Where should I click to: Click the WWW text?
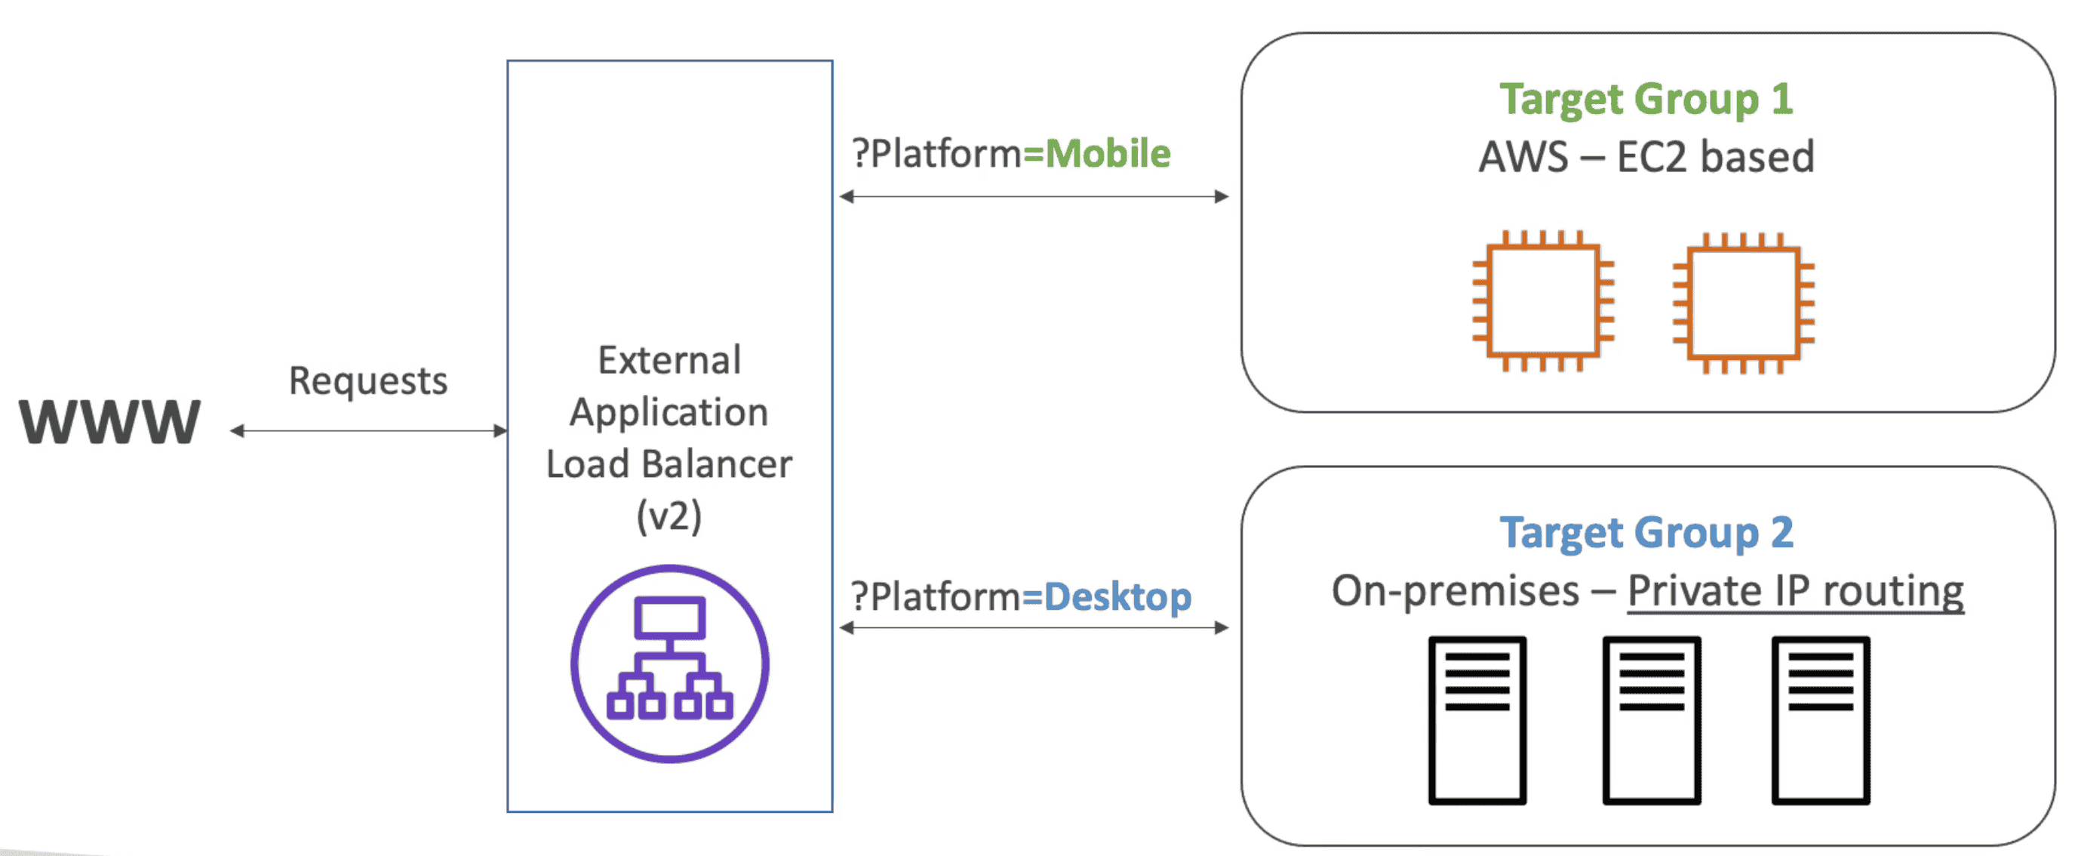[x=109, y=421]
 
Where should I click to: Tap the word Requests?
[x=368, y=380]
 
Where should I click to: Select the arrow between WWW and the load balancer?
[x=369, y=431]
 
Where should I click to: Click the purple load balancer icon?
[x=669, y=664]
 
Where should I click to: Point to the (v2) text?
[x=669, y=516]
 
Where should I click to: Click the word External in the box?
[x=669, y=360]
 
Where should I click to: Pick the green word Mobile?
[x=1108, y=153]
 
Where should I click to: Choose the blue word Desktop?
[x=1117, y=597]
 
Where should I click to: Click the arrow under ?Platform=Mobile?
[x=1034, y=196]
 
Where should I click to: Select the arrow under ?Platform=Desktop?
[x=1034, y=628]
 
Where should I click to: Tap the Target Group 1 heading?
[x=1646, y=99]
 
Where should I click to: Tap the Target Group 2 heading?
[x=1646, y=532]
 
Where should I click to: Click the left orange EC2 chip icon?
[x=1542, y=301]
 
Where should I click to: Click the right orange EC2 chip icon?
[x=1743, y=303]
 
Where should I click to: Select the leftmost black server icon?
[x=1477, y=719]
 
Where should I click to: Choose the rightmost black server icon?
[x=1820, y=719]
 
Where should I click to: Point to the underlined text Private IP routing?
[x=1795, y=591]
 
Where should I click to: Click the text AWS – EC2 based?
[x=1646, y=156]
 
